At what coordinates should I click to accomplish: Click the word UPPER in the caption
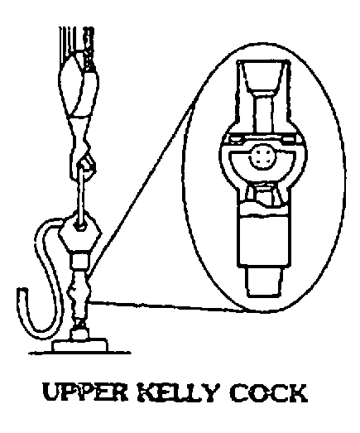click(x=85, y=392)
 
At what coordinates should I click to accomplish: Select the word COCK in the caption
click(x=268, y=392)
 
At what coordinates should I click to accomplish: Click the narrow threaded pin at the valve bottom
click(x=263, y=281)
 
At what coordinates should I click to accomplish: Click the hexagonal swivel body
click(x=80, y=232)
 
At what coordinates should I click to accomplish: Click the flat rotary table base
click(x=80, y=346)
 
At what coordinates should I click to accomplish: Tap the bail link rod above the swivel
click(x=81, y=196)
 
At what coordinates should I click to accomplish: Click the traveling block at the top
click(x=79, y=91)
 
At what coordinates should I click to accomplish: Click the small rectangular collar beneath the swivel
click(x=80, y=260)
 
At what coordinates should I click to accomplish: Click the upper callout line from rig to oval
click(x=140, y=190)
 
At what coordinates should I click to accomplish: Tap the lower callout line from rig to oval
click(x=167, y=307)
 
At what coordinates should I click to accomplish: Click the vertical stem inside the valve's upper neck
click(x=265, y=115)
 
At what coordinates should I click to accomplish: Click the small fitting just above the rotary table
click(x=79, y=330)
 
